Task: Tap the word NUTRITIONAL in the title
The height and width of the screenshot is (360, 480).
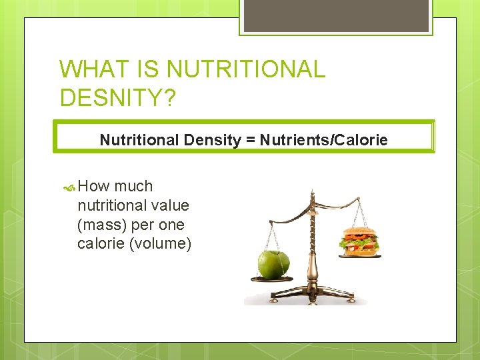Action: coord(246,69)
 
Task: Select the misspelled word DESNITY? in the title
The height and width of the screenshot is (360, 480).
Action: coord(118,97)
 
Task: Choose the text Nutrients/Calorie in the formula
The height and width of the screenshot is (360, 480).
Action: coord(323,140)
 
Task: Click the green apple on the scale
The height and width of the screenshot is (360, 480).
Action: coord(274,265)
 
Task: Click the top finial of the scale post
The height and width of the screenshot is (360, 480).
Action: coord(311,193)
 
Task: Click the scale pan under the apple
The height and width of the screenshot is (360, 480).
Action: coord(272,279)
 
